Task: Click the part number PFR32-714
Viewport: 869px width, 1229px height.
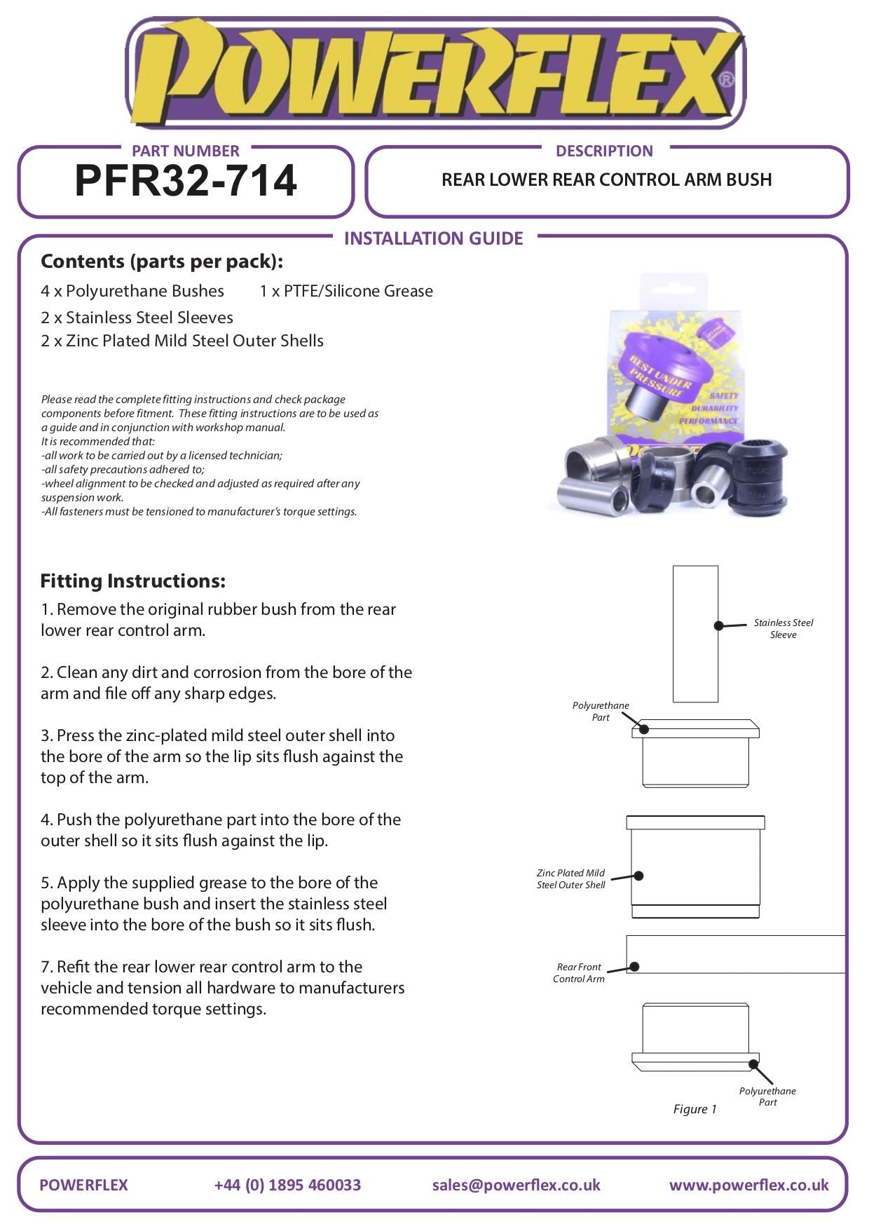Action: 186,181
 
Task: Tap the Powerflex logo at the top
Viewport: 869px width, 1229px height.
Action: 434,74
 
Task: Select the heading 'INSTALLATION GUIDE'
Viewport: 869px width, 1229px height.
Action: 433,238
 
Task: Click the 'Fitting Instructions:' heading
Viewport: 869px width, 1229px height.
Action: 133,580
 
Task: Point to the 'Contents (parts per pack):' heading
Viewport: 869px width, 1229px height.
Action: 162,262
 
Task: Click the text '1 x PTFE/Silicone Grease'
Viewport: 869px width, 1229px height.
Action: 346,291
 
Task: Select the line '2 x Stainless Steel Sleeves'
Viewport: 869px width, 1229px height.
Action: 137,318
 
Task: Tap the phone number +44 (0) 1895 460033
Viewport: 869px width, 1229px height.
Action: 287,1185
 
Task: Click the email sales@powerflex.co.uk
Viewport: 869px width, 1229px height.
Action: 516,1185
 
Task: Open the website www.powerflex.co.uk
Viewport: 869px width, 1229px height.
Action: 748,1185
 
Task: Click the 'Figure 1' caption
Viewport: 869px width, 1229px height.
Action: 694,1109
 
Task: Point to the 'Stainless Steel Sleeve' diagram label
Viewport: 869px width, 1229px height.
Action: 784,628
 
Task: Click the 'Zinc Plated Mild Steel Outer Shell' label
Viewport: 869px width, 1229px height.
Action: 571,879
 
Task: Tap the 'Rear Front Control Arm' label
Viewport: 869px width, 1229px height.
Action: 579,972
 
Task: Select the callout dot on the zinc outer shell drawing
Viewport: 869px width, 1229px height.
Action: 638,876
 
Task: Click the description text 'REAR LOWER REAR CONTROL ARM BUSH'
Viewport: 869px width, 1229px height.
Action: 606,180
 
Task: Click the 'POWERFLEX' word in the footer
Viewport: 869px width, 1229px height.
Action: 84,1185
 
